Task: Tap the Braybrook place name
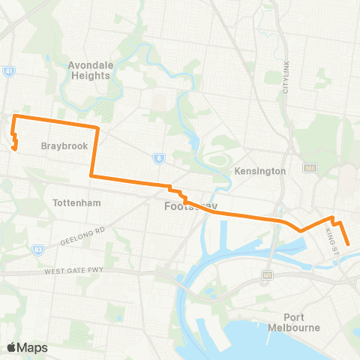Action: pyautogui.click(x=60, y=145)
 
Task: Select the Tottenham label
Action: pyautogui.click(x=77, y=202)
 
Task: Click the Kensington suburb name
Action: pyautogui.click(x=261, y=171)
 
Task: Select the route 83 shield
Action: pyautogui.click(x=38, y=248)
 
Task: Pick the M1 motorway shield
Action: pyautogui.click(x=266, y=275)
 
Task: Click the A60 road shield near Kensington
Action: pyautogui.click(x=310, y=168)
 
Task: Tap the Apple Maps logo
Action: pyautogui.click(x=27, y=347)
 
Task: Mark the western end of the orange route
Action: pyautogui.click(x=14, y=148)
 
